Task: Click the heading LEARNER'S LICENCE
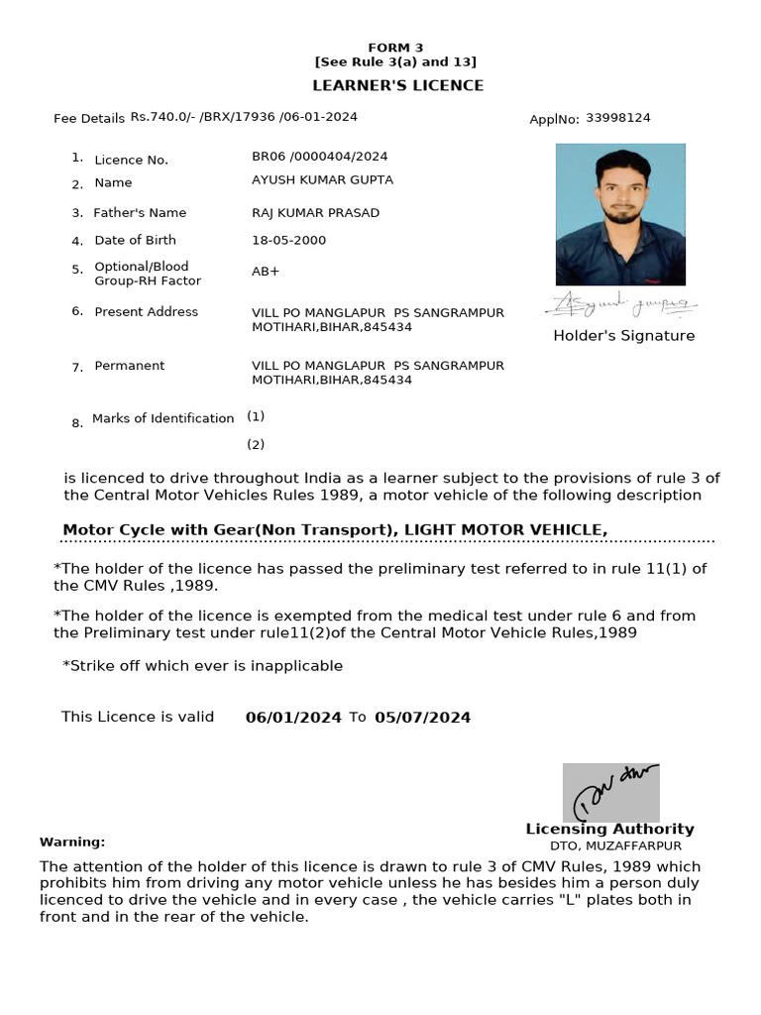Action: (x=397, y=85)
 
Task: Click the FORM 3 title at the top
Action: (x=395, y=48)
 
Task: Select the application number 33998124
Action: (x=618, y=118)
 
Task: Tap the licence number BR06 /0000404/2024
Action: (x=320, y=157)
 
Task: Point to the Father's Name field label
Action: (x=140, y=213)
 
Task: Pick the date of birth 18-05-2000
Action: (x=288, y=241)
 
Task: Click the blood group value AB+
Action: (x=266, y=272)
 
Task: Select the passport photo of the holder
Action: (x=620, y=214)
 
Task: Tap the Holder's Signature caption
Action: (x=623, y=336)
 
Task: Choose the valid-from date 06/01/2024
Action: (x=293, y=718)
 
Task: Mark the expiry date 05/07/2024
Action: (x=422, y=718)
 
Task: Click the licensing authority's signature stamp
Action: (x=610, y=792)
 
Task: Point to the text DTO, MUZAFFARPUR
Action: (x=615, y=846)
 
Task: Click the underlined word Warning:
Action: (x=72, y=843)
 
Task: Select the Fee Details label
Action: (x=89, y=119)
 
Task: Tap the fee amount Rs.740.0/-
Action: (x=163, y=117)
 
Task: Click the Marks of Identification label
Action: (x=163, y=419)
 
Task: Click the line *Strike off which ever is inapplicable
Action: (x=202, y=666)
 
